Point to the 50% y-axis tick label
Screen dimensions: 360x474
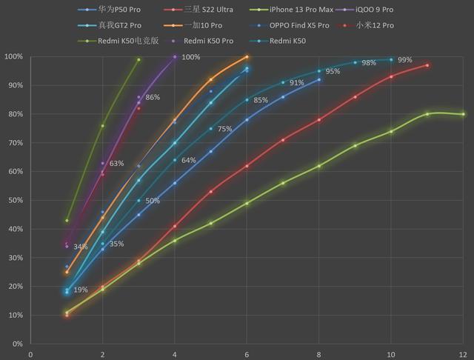15,201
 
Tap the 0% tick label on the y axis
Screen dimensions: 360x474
16,344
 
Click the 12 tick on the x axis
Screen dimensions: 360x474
463,354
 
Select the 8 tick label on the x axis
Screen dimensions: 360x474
319,354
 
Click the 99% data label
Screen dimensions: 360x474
404,59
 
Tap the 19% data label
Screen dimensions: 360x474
81,290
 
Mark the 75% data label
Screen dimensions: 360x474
224,129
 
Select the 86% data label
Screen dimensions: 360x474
153,97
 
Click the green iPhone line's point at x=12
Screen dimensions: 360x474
463,114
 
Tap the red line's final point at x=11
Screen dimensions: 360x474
427,65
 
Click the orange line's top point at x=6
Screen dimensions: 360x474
247,56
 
